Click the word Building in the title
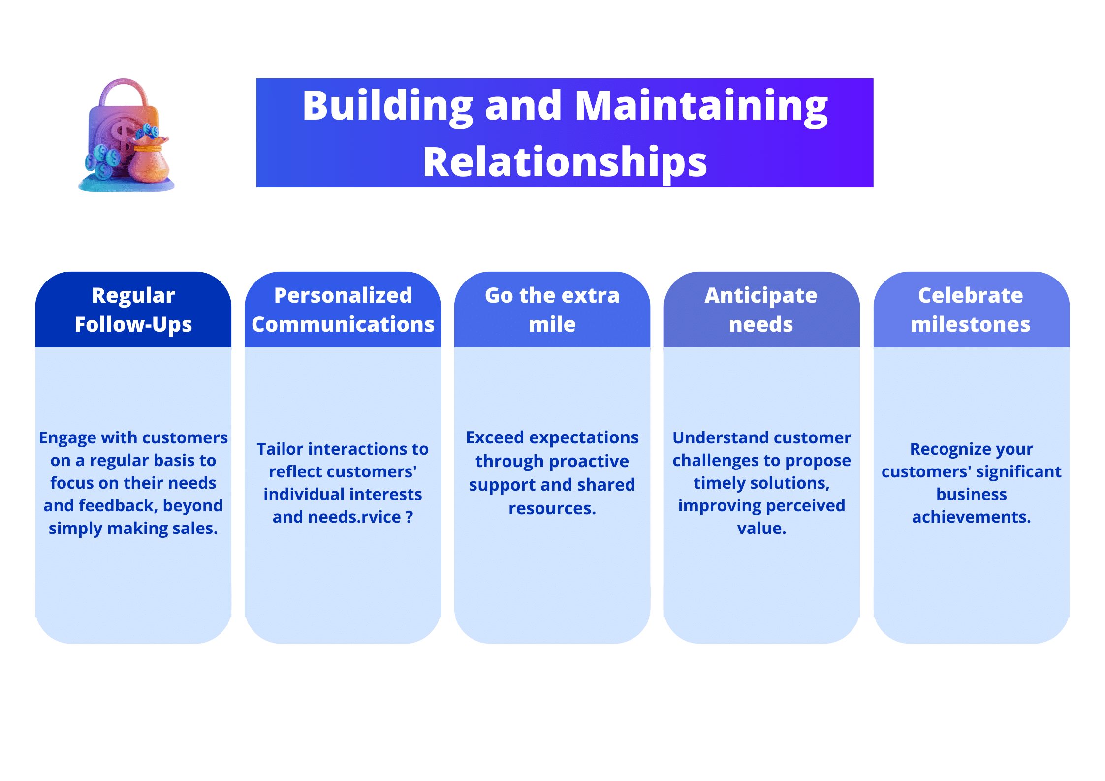point(388,107)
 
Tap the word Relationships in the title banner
point(565,162)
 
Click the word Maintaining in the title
point(701,107)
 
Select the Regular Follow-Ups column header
point(133,310)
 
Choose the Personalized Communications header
point(343,310)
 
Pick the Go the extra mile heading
point(552,310)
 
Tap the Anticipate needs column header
point(761,310)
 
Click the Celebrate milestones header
point(971,310)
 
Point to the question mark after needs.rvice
point(410,517)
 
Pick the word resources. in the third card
point(552,508)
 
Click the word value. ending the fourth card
point(761,528)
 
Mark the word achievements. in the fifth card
point(971,517)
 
